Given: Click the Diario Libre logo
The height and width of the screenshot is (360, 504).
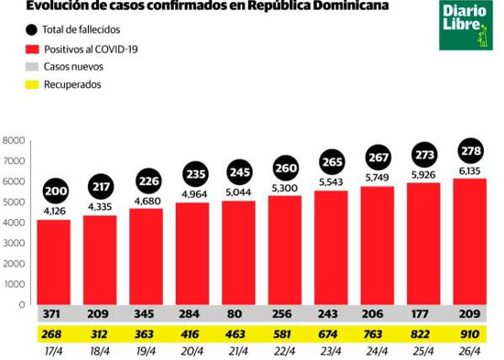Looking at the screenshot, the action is click(x=466, y=25).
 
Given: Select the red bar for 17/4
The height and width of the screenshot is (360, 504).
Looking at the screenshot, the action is click(x=54, y=262).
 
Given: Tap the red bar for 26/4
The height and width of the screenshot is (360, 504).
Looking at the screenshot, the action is click(x=469, y=242).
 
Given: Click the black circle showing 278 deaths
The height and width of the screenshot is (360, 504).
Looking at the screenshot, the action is click(x=471, y=151).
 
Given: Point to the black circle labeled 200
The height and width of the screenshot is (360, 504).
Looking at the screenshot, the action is click(x=56, y=191).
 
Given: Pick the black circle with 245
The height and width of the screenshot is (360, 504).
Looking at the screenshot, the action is click(x=240, y=172).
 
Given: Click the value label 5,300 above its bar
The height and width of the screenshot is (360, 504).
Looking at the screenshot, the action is click(x=284, y=188).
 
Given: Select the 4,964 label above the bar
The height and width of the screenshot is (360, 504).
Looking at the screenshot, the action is click(x=194, y=194).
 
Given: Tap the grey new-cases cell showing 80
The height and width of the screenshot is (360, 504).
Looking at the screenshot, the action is click(x=235, y=313).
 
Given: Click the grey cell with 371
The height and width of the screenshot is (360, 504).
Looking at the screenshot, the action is click(x=51, y=313).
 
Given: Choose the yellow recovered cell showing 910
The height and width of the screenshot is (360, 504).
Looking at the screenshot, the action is click(x=469, y=334).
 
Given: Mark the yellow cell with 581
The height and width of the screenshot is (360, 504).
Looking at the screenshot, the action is click(x=282, y=334).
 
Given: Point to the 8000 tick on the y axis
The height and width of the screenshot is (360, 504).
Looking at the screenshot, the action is click(x=14, y=140).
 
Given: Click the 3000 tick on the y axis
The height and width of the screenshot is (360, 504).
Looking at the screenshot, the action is click(x=14, y=243).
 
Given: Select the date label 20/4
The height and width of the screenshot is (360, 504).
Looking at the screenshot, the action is click(x=192, y=352).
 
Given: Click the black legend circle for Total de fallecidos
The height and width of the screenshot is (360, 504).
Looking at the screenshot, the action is click(x=31, y=30).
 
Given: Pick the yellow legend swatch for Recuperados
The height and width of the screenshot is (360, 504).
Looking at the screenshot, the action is click(x=32, y=84).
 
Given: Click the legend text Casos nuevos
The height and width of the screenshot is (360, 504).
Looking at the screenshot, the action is click(x=73, y=67).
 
